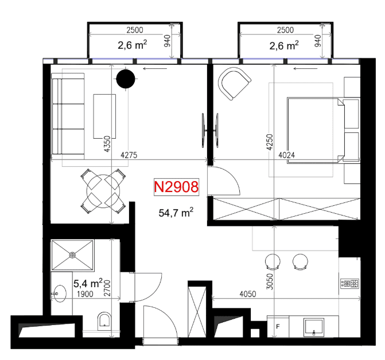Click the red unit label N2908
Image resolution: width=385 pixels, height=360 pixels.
pyautogui.click(x=176, y=187)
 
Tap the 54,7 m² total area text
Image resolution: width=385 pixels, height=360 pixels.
pyautogui.click(x=176, y=212)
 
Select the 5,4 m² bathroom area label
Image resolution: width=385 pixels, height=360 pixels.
pyautogui.click(x=88, y=283)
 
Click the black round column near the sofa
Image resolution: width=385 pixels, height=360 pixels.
pyautogui.click(x=126, y=79)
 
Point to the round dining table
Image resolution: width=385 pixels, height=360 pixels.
pyautogui.click(x=103, y=191)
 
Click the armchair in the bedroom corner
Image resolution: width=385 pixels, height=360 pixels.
pyautogui.click(x=234, y=84)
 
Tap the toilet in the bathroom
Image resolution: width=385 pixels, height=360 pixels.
pyautogui.click(x=104, y=321)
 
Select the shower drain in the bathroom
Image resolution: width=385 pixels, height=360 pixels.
pyautogui.click(x=72, y=255)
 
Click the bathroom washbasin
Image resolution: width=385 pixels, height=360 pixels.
pyautogui.click(x=59, y=294)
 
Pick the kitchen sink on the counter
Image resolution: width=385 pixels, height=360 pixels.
pyautogui.click(x=314, y=327)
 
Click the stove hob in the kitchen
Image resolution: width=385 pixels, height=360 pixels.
pyautogui.click(x=349, y=284)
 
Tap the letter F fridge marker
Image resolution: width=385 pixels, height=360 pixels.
pyautogui.click(x=278, y=326)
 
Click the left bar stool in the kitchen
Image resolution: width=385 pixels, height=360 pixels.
pyautogui.click(x=273, y=261)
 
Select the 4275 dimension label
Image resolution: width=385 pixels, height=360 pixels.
pyautogui.click(x=129, y=155)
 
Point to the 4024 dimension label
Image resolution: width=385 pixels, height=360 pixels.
pyautogui.click(x=287, y=155)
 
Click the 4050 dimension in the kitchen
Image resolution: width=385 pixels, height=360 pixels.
pyautogui.click(x=248, y=294)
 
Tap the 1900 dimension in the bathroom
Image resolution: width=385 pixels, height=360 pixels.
pyautogui.click(x=85, y=294)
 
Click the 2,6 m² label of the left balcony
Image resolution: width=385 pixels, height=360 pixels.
pyautogui.click(x=133, y=45)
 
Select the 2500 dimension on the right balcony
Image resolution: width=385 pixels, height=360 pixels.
pyautogui.click(x=285, y=30)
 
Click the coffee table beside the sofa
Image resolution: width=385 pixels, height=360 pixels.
pyautogui.click(x=104, y=116)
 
